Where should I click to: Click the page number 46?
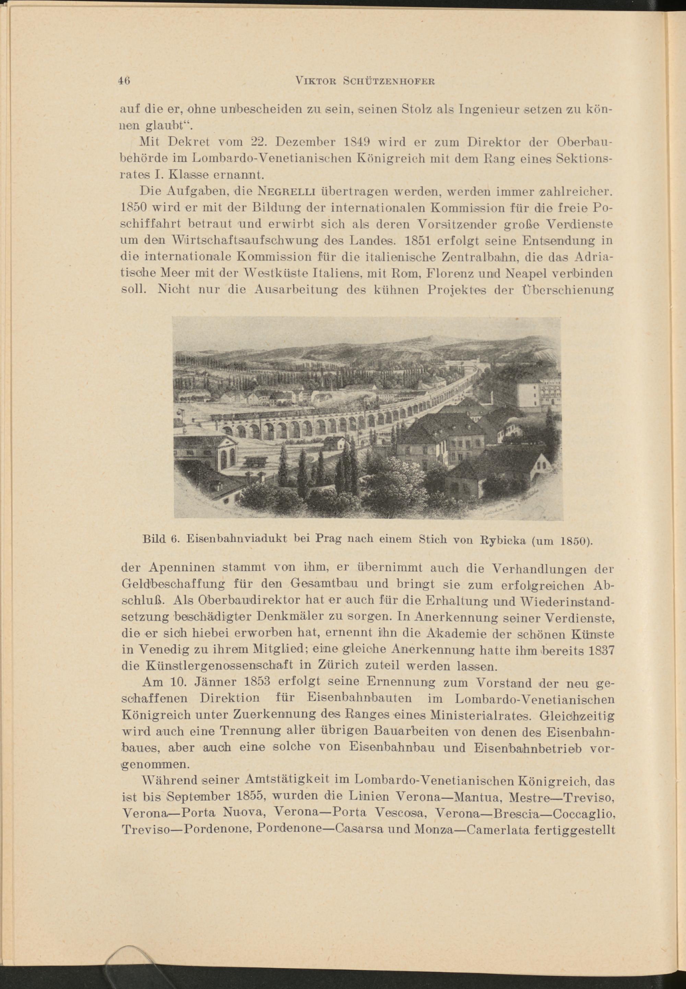124,81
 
